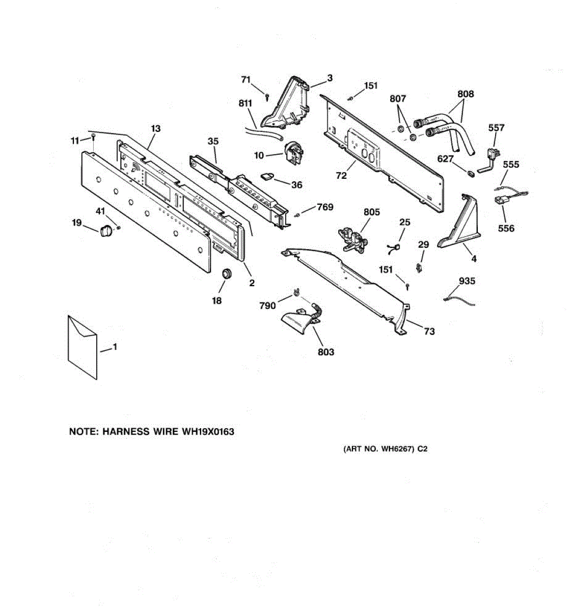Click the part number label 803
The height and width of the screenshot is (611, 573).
(325, 352)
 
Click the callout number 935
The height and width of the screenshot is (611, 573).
(467, 281)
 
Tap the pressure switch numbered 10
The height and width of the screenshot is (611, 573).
(293, 152)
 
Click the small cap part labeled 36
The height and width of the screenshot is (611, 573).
(267, 176)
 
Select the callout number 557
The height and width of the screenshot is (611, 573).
(496, 128)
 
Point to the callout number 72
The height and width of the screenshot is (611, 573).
(341, 176)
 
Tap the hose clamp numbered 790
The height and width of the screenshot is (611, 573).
(295, 293)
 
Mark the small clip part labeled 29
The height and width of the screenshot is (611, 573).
(419, 267)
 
